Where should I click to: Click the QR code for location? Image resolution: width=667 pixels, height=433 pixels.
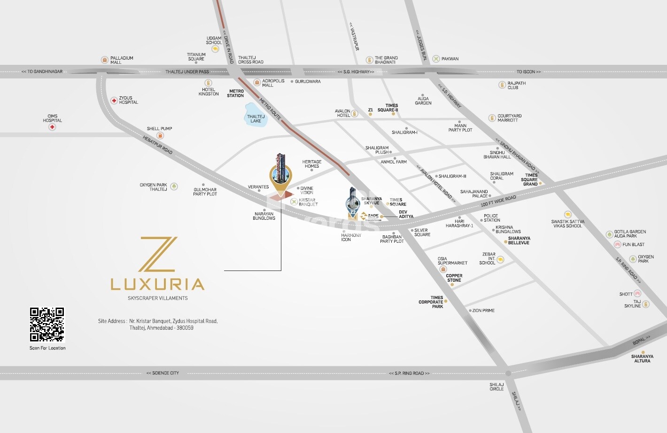[x=47, y=325]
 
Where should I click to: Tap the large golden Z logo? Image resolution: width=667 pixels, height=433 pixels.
[x=158, y=254]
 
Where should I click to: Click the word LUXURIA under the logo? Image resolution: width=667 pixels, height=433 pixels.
[x=157, y=284]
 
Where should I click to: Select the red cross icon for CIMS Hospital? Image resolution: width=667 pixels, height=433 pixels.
[x=52, y=127]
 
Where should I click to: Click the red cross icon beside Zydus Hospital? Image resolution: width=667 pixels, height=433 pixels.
[x=114, y=101]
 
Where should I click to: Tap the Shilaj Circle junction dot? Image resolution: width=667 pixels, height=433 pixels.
[x=508, y=373]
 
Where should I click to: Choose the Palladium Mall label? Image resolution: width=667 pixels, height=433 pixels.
[x=122, y=60]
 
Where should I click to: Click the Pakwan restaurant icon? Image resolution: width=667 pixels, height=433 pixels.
[x=436, y=59]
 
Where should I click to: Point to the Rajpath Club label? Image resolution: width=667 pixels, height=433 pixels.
[x=516, y=85]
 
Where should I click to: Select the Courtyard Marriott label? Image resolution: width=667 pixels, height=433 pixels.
[x=509, y=118]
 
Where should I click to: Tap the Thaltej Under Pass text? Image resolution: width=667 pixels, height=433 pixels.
[x=187, y=72]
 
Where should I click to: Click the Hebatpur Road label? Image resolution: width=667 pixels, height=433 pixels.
[x=158, y=145]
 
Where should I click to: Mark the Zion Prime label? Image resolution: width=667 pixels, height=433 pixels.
[x=483, y=310]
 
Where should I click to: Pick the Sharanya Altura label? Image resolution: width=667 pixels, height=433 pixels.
[x=642, y=359]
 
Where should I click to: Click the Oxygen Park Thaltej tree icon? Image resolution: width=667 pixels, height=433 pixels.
[x=174, y=186]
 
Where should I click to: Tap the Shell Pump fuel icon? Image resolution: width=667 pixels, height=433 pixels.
[x=160, y=136]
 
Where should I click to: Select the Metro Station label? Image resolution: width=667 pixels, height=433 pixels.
[x=236, y=93]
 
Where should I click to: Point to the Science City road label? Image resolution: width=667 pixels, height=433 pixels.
[x=163, y=373]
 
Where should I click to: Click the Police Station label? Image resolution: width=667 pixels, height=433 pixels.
[x=492, y=218]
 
